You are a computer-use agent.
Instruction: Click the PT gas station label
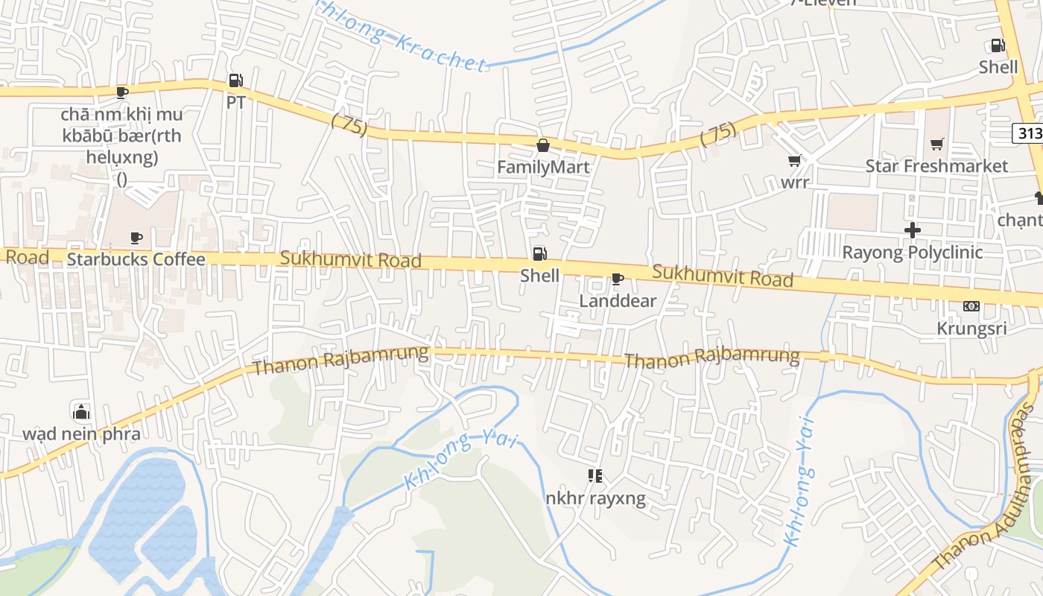pyautogui.click(x=235, y=102)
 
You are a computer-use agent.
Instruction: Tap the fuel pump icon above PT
pyautogui.click(x=235, y=80)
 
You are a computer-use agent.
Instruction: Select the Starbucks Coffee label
pyautogui.click(x=136, y=259)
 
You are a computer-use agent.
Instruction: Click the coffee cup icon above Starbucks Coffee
pyautogui.click(x=136, y=238)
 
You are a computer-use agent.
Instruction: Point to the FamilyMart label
pyautogui.click(x=543, y=166)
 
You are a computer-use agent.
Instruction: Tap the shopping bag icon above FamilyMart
pyautogui.click(x=543, y=145)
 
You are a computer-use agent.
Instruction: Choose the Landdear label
pyautogui.click(x=618, y=300)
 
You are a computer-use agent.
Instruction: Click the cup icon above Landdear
pyautogui.click(x=617, y=279)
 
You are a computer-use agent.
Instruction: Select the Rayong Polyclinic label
pyautogui.click(x=912, y=252)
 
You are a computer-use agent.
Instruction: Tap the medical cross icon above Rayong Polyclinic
pyautogui.click(x=912, y=230)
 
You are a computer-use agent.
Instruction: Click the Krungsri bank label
pyautogui.click(x=971, y=328)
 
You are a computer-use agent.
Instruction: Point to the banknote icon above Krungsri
pyautogui.click(x=971, y=306)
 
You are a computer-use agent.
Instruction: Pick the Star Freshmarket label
pyautogui.click(x=936, y=165)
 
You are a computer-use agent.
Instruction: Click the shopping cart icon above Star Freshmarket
pyautogui.click(x=936, y=144)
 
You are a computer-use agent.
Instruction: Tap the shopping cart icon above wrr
pyautogui.click(x=795, y=160)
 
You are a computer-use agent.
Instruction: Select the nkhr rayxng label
pyautogui.click(x=595, y=497)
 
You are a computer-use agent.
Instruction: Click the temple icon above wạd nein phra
pyautogui.click(x=81, y=411)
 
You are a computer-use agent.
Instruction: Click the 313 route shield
pyautogui.click(x=1028, y=133)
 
